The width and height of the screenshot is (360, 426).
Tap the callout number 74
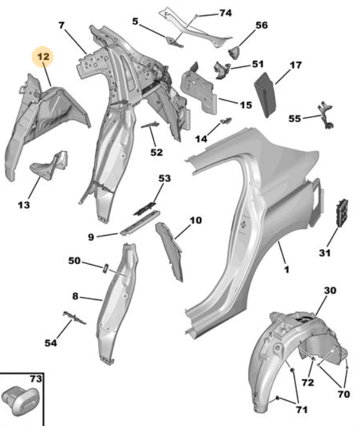[225, 13]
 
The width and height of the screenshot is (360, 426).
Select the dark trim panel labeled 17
[265, 94]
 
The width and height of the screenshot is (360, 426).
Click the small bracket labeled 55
[326, 116]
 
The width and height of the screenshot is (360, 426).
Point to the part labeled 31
[342, 213]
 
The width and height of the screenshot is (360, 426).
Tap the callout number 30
[330, 290]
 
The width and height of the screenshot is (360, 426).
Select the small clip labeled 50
[106, 268]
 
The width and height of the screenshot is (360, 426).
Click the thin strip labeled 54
[74, 318]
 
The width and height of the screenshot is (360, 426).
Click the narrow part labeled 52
[150, 125]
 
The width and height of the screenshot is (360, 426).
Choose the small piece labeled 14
[226, 120]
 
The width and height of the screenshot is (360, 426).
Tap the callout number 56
[262, 25]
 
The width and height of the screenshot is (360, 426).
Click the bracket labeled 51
[221, 70]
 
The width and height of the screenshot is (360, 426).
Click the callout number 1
[286, 270]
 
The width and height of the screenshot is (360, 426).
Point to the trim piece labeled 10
[170, 251]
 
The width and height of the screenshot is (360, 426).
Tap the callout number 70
[343, 394]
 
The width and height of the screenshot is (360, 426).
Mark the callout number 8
[75, 296]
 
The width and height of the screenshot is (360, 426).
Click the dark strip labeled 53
[145, 208]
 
